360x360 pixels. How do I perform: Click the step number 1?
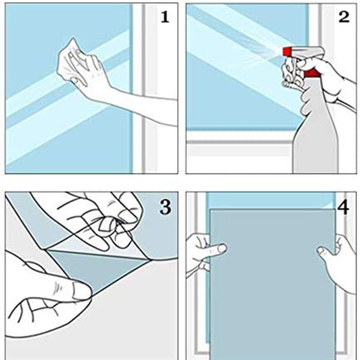pos(165,17)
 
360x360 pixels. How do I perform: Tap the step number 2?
pos(344,17)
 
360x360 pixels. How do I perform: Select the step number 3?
pos(165,207)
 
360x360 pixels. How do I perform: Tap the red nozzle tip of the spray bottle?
pos(287,51)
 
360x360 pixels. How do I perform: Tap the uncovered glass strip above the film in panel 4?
pos(271,200)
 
